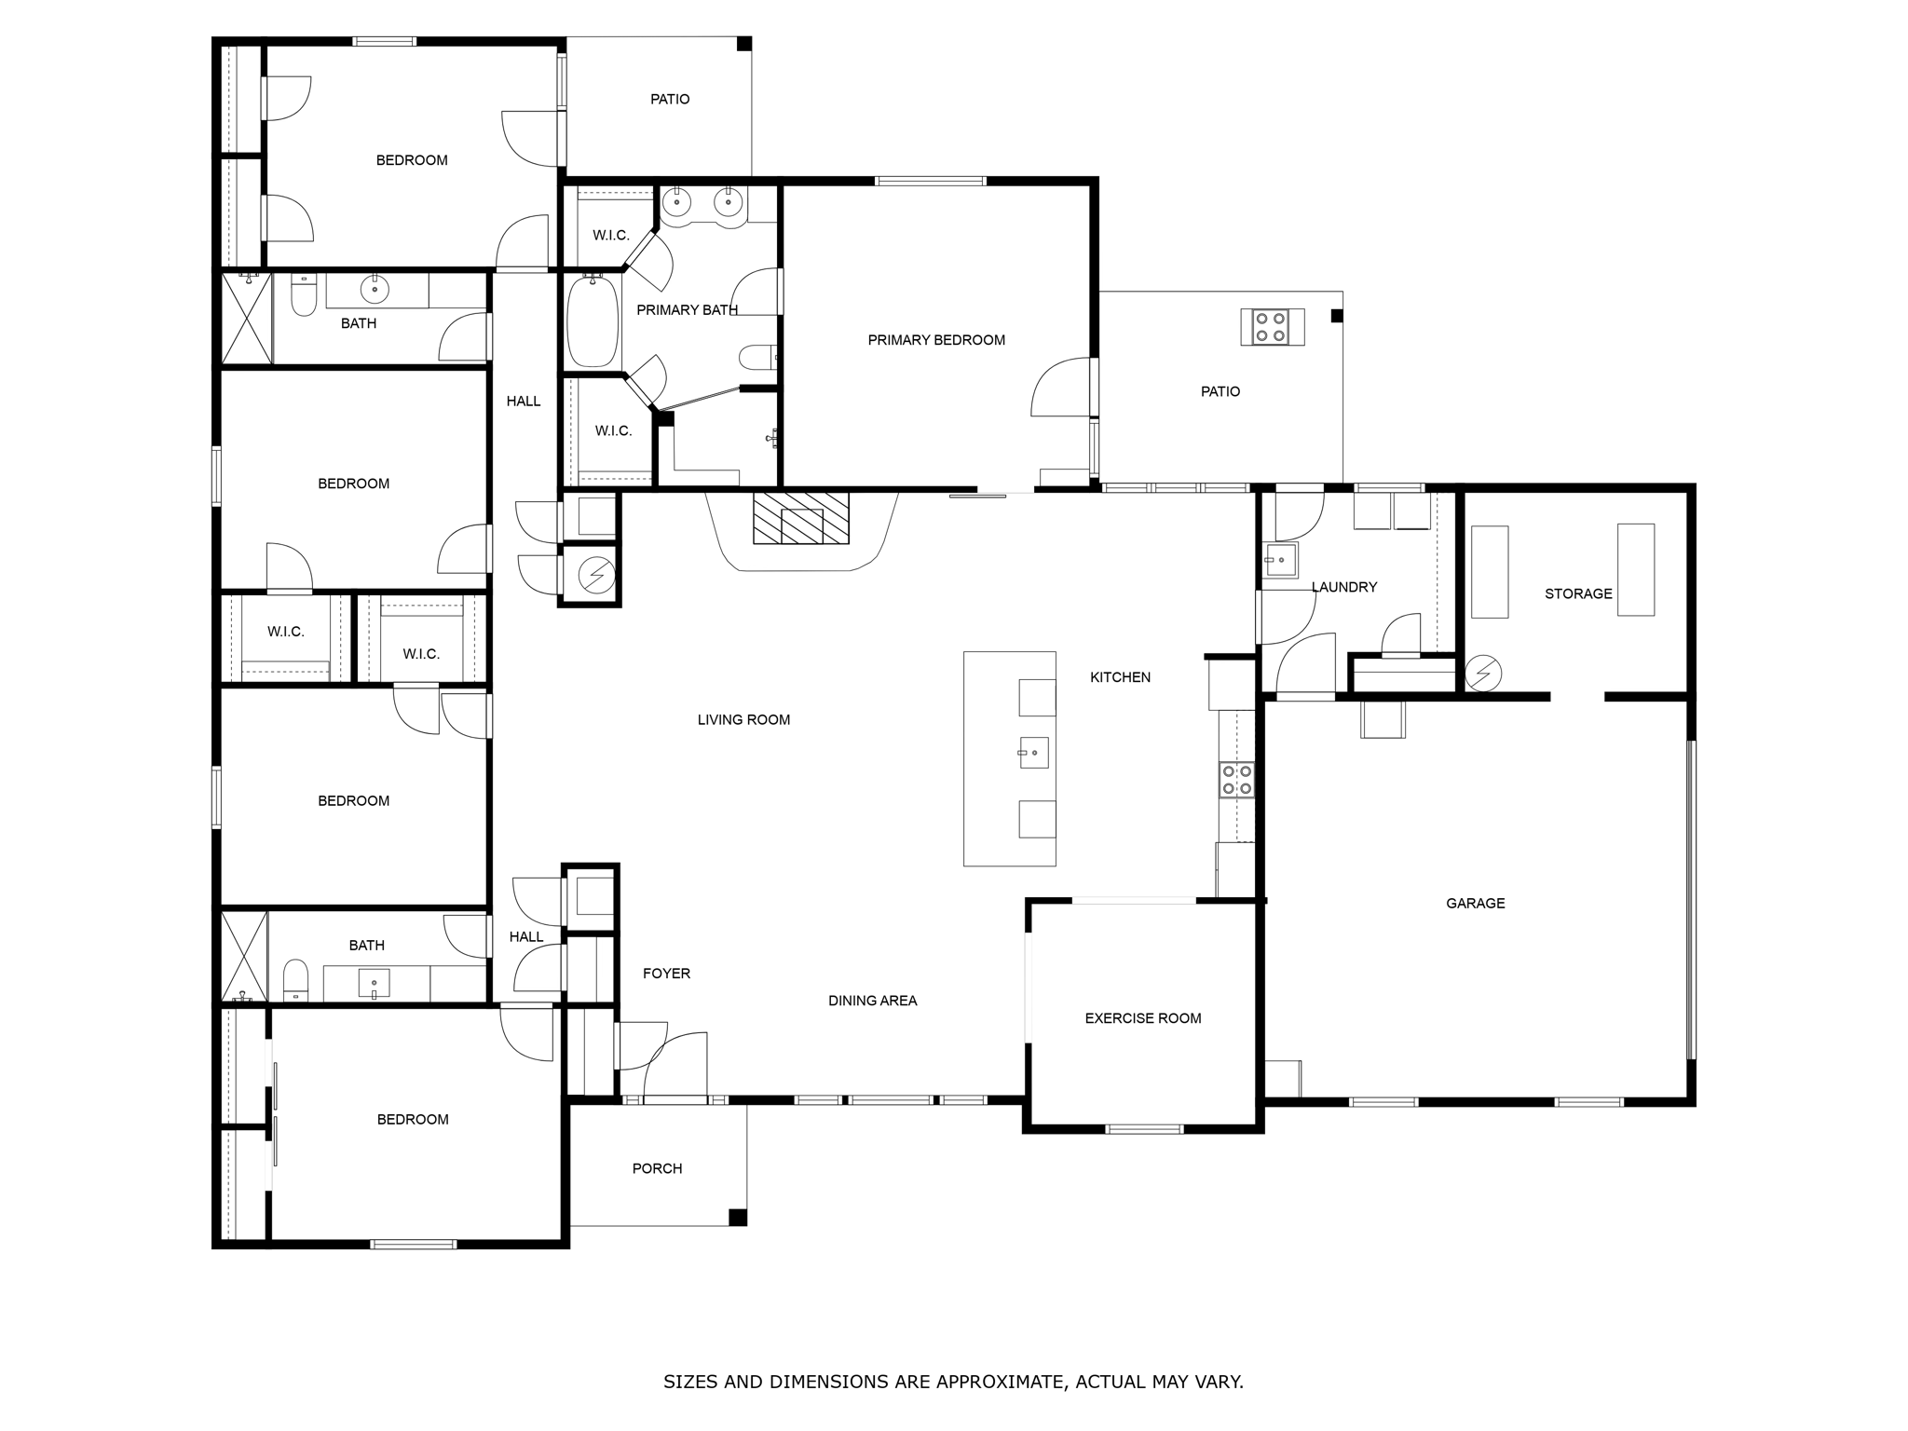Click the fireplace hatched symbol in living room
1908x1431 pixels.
pyautogui.click(x=801, y=518)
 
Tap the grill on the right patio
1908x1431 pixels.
pyautogui.click(x=1272, y=327)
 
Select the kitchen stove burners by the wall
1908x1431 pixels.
pyautogui.click(x=1236, y=780)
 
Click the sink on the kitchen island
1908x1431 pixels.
pyautogui.click(x=1033, y=752)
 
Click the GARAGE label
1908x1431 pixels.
pyautogui.click(x=1475, y=903)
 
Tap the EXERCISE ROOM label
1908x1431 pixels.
pyautogui.click(x=1142, y=1018)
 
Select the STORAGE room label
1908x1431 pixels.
pyautogui.click(x=1577, y=593)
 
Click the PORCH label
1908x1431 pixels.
pyautogui.click(x=657, y=1168)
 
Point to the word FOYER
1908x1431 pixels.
pyautogui.click(x=666, y=974)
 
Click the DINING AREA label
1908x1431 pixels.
pyautogui.click(x=872, y=1001)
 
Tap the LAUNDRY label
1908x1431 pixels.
pyautogui.click(x=1343, y=587)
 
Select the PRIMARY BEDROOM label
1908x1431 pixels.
pyautogui.click(x=936, y=340)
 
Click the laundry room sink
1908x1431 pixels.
pyautogui.click(x=1280, y=561)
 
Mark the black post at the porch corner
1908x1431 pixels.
pyautogui.click(x=737, y=1217)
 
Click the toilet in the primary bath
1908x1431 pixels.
pyautogui.click(x=756, y=357)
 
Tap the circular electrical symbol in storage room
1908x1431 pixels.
pyautogui.click(x=1481, y=673)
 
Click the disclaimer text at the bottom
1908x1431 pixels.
pyautogui.click(x=953, y=1382)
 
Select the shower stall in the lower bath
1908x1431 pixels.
pyautogui.click(x=243, y=957)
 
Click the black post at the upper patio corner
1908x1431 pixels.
pyautogui.click(x=743, y=44)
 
